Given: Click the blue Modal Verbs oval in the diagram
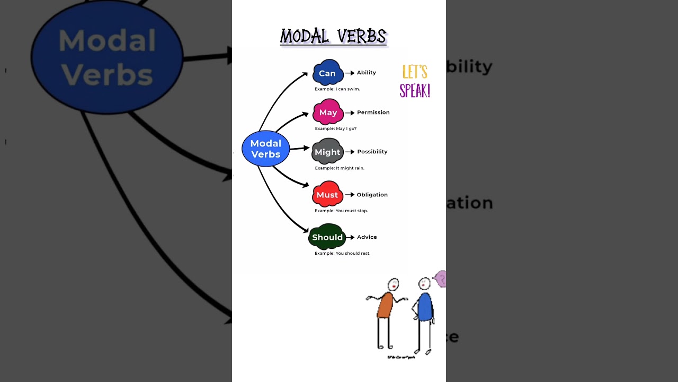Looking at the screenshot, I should click(265, 149).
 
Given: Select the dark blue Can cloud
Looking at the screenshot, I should click(327, 73).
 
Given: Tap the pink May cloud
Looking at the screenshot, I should click(328, 112).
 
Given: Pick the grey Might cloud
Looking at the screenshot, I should click(327, 152).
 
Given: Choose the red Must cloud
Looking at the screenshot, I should click(327, 195).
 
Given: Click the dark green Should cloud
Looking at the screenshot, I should click(327, 237).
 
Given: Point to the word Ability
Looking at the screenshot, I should click(366, 73).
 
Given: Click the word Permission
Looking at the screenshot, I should click(373, 112).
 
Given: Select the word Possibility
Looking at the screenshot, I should click(372, 152).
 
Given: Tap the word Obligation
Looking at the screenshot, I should click(372, 195).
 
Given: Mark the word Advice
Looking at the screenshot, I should click(367, 237).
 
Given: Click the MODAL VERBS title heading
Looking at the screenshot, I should click(333, 37).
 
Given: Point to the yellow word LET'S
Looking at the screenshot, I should click(415, 72).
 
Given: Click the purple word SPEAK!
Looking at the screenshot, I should click(415, 91).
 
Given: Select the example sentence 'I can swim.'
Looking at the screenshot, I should click(337, 89).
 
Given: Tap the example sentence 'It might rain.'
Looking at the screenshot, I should click(340, 168).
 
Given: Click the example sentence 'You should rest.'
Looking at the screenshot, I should click(343, 254).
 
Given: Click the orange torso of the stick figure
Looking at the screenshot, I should click(385, 305).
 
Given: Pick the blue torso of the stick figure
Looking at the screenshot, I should click(424, 307).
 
